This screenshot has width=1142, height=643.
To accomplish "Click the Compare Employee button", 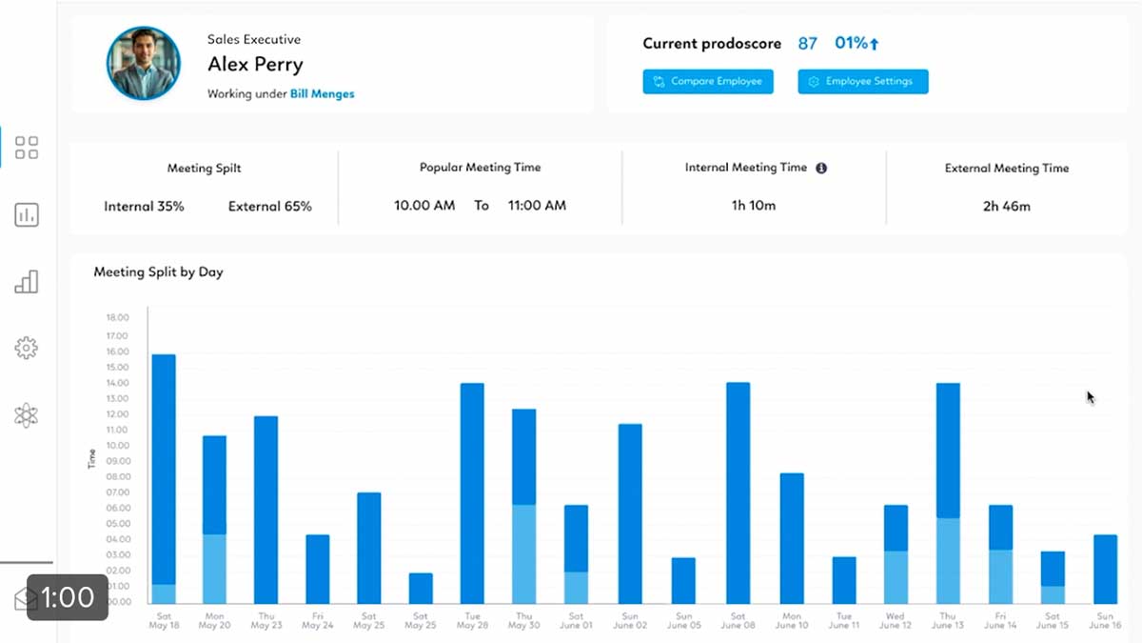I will [x=708, y=82].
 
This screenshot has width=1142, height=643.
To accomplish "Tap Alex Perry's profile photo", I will [x=144, y=63].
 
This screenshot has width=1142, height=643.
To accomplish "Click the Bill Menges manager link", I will [x=322, y=94].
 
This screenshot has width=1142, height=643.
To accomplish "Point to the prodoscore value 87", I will [x=808, y=44].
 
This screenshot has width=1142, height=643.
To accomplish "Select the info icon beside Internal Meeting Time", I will [x=821, y=168].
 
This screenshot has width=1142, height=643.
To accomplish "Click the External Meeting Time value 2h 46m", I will [x=1006, y=206].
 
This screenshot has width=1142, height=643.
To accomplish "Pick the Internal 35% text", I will [x=144, y=206].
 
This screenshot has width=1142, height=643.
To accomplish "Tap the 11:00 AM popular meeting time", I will [x=537, y=206].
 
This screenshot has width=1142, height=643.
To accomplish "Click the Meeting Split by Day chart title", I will [x=158, y=272].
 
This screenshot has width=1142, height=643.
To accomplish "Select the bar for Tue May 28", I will [x=472, y=492].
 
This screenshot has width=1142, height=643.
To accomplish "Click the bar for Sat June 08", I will [x=738, y=492].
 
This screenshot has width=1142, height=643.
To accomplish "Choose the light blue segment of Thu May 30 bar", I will [x=523, y=553].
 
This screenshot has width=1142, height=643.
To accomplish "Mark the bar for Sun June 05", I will [x=683, y=580].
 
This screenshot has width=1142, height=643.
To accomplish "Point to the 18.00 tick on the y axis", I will [x=117, y=318].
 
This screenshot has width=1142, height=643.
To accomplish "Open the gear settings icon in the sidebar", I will [x=27, y=349].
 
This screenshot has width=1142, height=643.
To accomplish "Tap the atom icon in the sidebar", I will [x=27, y=415].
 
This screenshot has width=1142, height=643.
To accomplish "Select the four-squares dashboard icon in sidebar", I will [x=27, y=148].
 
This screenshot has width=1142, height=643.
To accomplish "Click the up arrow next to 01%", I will [x=875, y=44].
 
